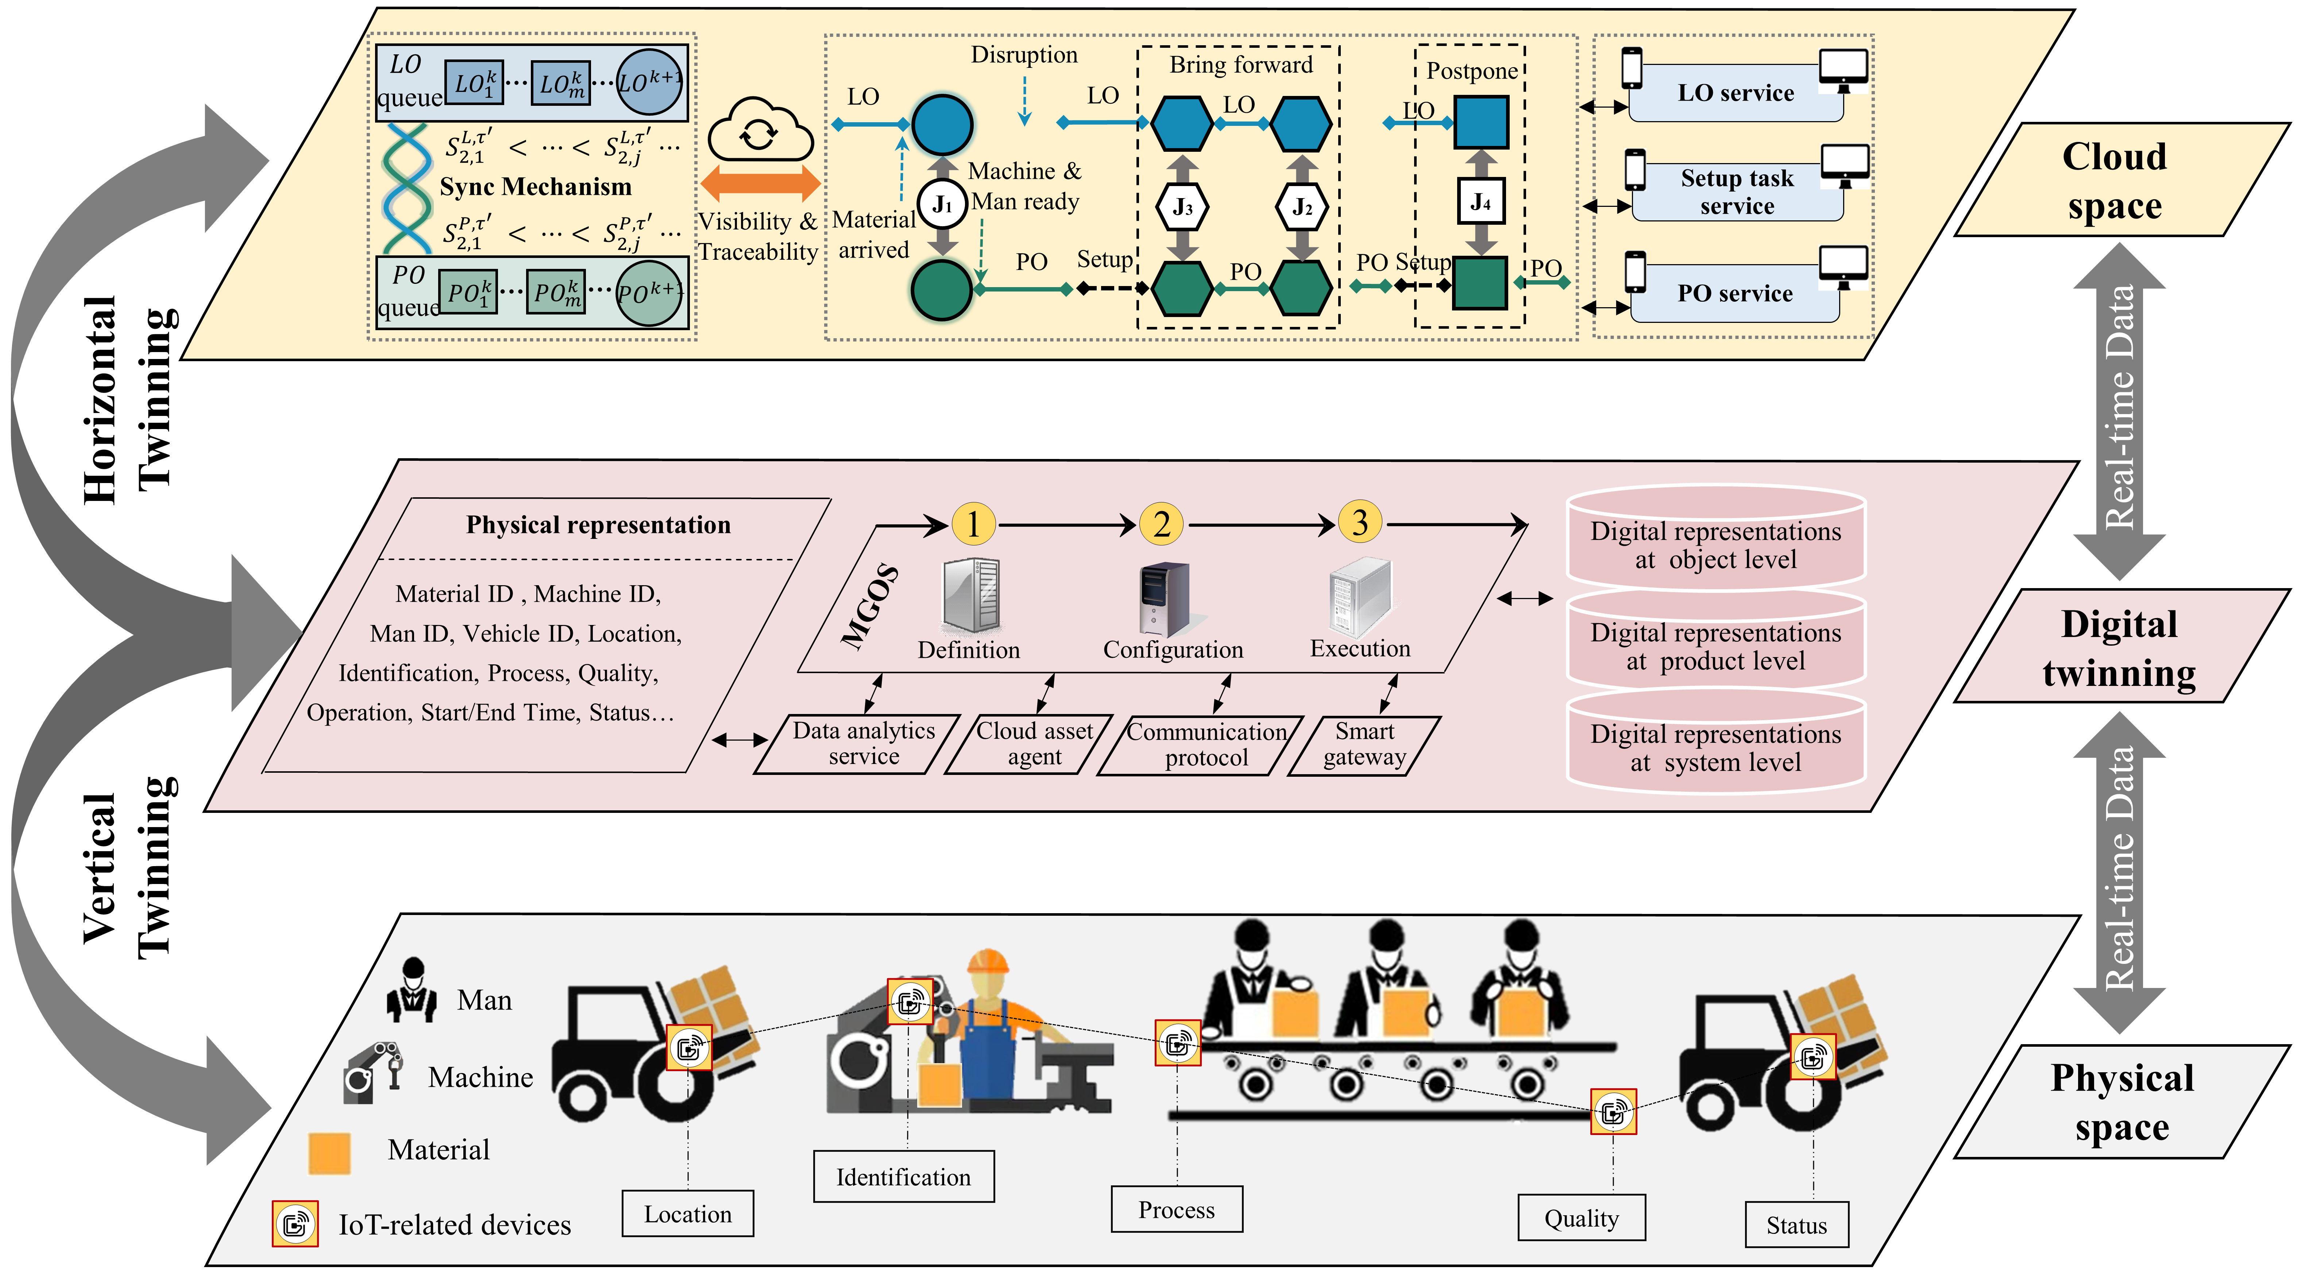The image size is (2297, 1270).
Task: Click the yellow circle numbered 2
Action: [x=1161, y=524]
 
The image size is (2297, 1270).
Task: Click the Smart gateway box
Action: [x=1364, y=745]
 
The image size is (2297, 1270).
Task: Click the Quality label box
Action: [x=1581, y=1218]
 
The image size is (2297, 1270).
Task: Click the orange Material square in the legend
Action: [x=329, y=1152]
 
